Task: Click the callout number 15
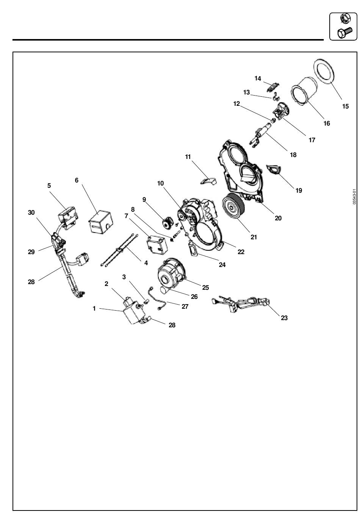345,106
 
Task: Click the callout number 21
254,237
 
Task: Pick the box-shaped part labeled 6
100,221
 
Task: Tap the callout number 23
284,318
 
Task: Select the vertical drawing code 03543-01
354,197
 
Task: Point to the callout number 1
94,309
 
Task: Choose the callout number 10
161,184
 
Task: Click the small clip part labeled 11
208,181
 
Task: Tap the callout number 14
258,79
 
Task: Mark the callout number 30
31,212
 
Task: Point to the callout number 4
146,263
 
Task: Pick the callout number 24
222,265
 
